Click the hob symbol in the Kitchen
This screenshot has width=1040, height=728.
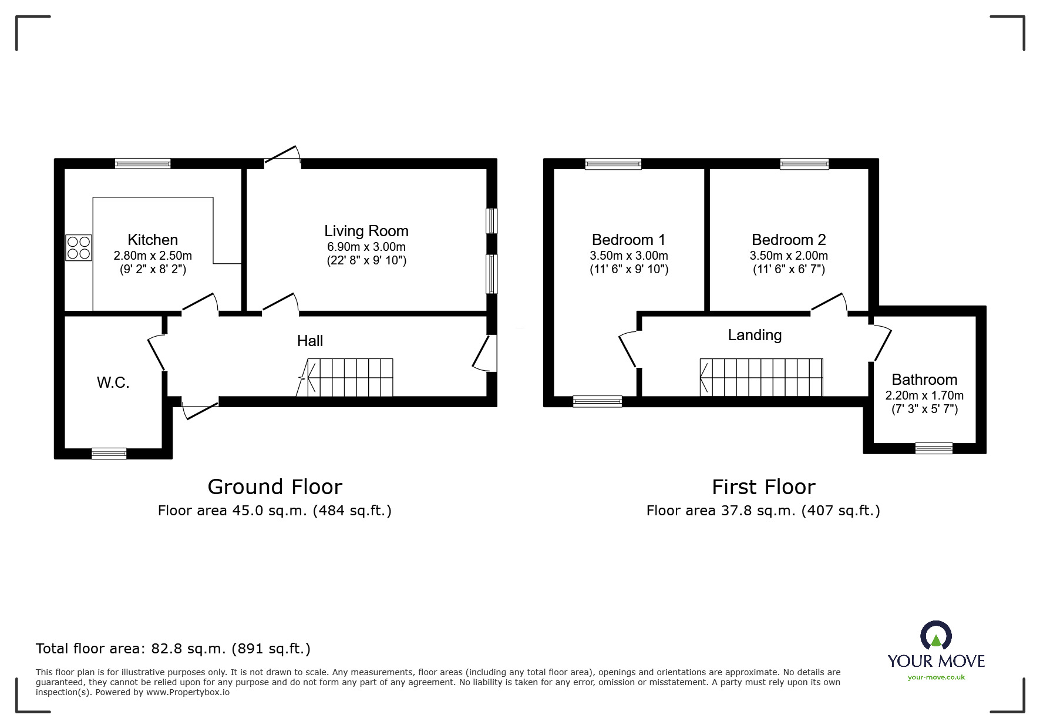(79, 247)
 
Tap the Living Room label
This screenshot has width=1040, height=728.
(366, 231)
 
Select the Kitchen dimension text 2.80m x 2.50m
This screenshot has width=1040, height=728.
(153, 256)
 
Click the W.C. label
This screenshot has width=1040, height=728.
(113, 383)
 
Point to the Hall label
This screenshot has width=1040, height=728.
(310, 341)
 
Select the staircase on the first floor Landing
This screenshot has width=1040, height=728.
(761, 377)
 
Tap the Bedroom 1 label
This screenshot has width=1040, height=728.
(628, 240)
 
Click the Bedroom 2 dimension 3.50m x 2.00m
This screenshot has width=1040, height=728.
(789, 256)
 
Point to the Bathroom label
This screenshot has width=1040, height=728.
(924, 380)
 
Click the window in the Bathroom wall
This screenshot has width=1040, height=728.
(934, 448)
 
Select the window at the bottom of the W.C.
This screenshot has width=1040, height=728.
(109, 453)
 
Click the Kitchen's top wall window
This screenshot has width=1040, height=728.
(143, 163)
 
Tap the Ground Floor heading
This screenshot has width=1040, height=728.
(275, 487)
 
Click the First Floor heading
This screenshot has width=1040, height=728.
(763, 487)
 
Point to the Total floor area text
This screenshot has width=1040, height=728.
(173, 649)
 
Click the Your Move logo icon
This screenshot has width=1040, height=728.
(935, 637)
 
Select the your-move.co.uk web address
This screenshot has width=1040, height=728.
(936, 677)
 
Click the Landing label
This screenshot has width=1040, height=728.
(755, 335)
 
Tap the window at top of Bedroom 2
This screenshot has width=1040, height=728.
(805, 164)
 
